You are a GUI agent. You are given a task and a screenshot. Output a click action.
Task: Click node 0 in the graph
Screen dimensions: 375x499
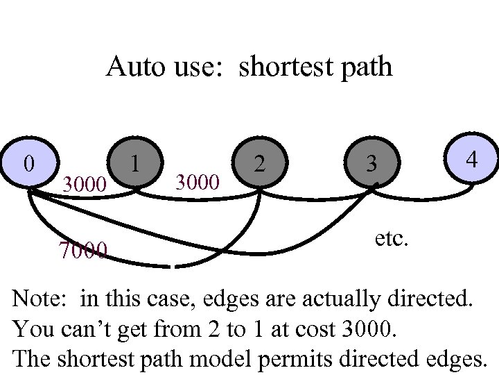pos(28,164)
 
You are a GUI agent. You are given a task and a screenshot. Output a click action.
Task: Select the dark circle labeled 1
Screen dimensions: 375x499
pos(137,164)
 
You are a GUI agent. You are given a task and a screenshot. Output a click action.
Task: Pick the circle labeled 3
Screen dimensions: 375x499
pos(372,164)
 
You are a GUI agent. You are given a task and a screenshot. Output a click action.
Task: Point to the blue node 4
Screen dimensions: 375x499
pos(471,160)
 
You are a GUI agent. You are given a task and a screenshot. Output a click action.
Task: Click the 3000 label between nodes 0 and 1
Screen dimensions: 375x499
pos(84,185)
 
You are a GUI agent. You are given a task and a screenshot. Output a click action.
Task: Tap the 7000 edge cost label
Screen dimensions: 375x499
pos(83,249)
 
